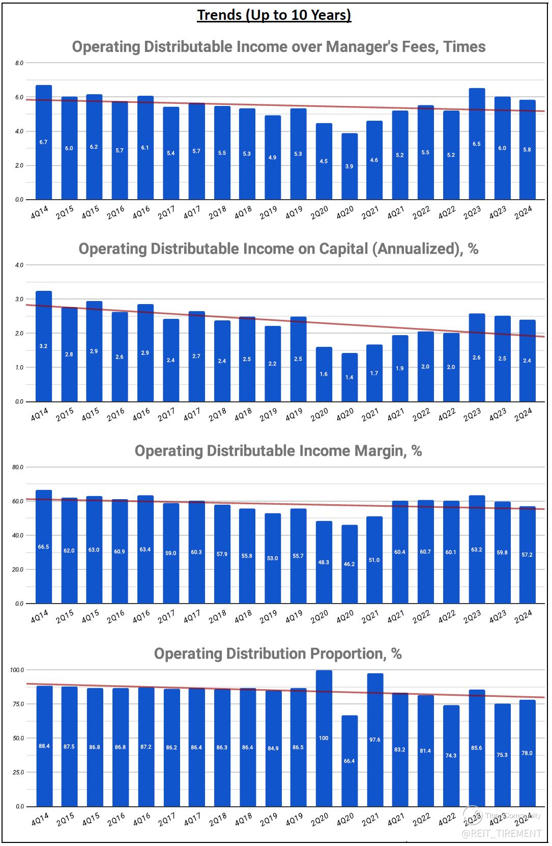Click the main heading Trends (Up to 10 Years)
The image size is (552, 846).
(274, 15)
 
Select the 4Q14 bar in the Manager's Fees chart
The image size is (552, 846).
(44, 143)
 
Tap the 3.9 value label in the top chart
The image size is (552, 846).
(349, 167)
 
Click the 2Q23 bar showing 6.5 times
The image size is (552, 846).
(477, 144)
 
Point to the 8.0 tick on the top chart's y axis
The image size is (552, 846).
(19, 63)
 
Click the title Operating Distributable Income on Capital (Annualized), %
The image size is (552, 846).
(278, 249)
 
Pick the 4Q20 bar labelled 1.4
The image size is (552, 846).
(349, 377)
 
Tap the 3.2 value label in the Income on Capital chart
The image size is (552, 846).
(43, 346)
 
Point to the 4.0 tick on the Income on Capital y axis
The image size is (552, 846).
(19, 265)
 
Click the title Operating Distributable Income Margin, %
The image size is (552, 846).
(278, 451)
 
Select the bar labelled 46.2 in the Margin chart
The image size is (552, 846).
(349, 564)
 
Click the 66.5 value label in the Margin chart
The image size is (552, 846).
(43, 547)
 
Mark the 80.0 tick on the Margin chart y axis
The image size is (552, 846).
(18, 468)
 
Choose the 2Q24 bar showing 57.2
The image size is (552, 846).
(527, 555)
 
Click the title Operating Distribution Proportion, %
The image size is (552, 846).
(278, 653)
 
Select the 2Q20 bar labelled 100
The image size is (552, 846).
(324, 739)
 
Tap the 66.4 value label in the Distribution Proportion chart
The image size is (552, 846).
(349, 761)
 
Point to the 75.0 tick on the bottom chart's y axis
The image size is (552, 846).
(18, 704)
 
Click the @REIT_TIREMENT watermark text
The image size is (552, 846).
(501, 833)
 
